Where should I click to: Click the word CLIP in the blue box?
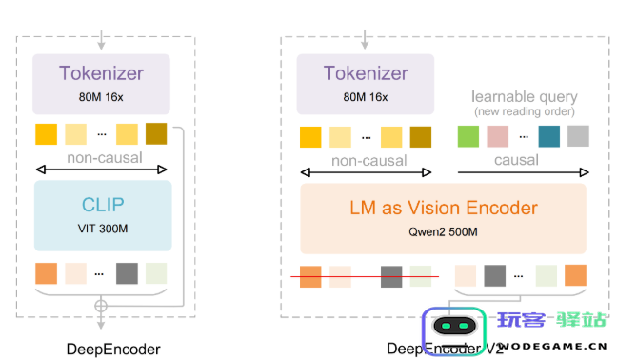pyautogui.click(x=101, y=204)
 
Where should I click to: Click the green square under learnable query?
pyautogui.click(x=468, y=136)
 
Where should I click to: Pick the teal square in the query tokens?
pyautogui.click(x=548, y=136)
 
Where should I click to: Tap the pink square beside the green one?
pyautogui.click(x=497, y=136)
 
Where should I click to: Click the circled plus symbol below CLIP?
pyautogui.click(x=101, y=306)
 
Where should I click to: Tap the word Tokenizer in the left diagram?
pyautogui.click(x=101, y=73)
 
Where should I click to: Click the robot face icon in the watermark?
pyautogui.click(x=452, y=326)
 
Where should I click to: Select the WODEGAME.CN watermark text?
pyautogui.click(x=552, y=347)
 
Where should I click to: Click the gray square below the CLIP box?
pyautogui.click(x=128, y=272)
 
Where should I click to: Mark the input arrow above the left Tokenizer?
pyautogui.click(x=101, y=41)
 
